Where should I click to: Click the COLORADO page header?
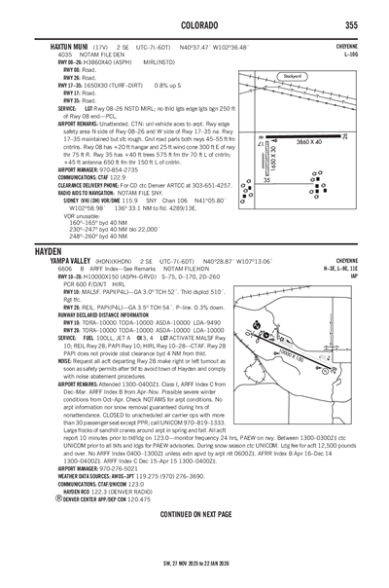[194, 23]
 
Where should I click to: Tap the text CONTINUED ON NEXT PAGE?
[194, 539]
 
